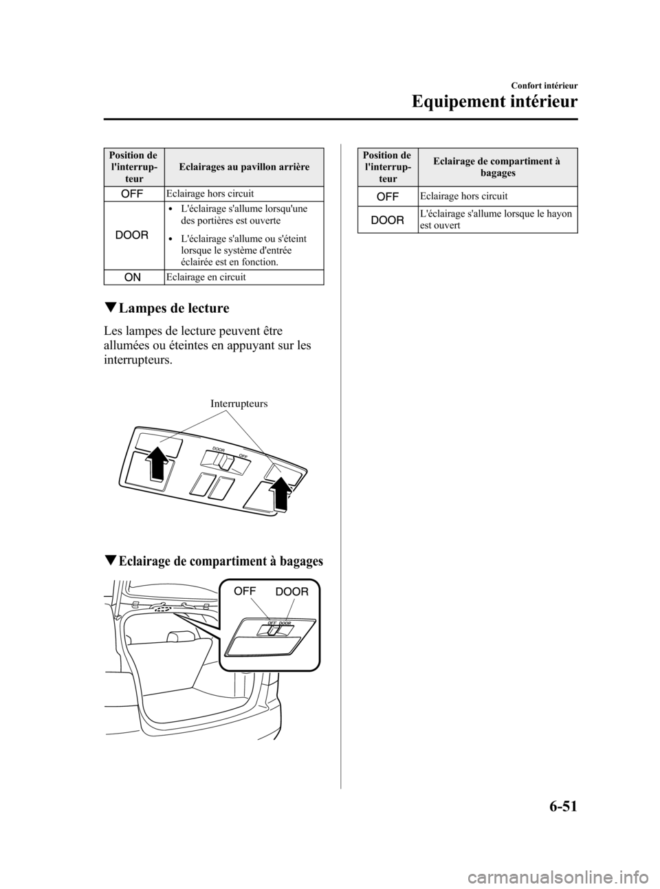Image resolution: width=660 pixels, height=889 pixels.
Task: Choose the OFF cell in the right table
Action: [x=388, y=197]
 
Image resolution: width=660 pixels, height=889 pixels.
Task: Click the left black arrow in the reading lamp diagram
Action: [x=157, y=462]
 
